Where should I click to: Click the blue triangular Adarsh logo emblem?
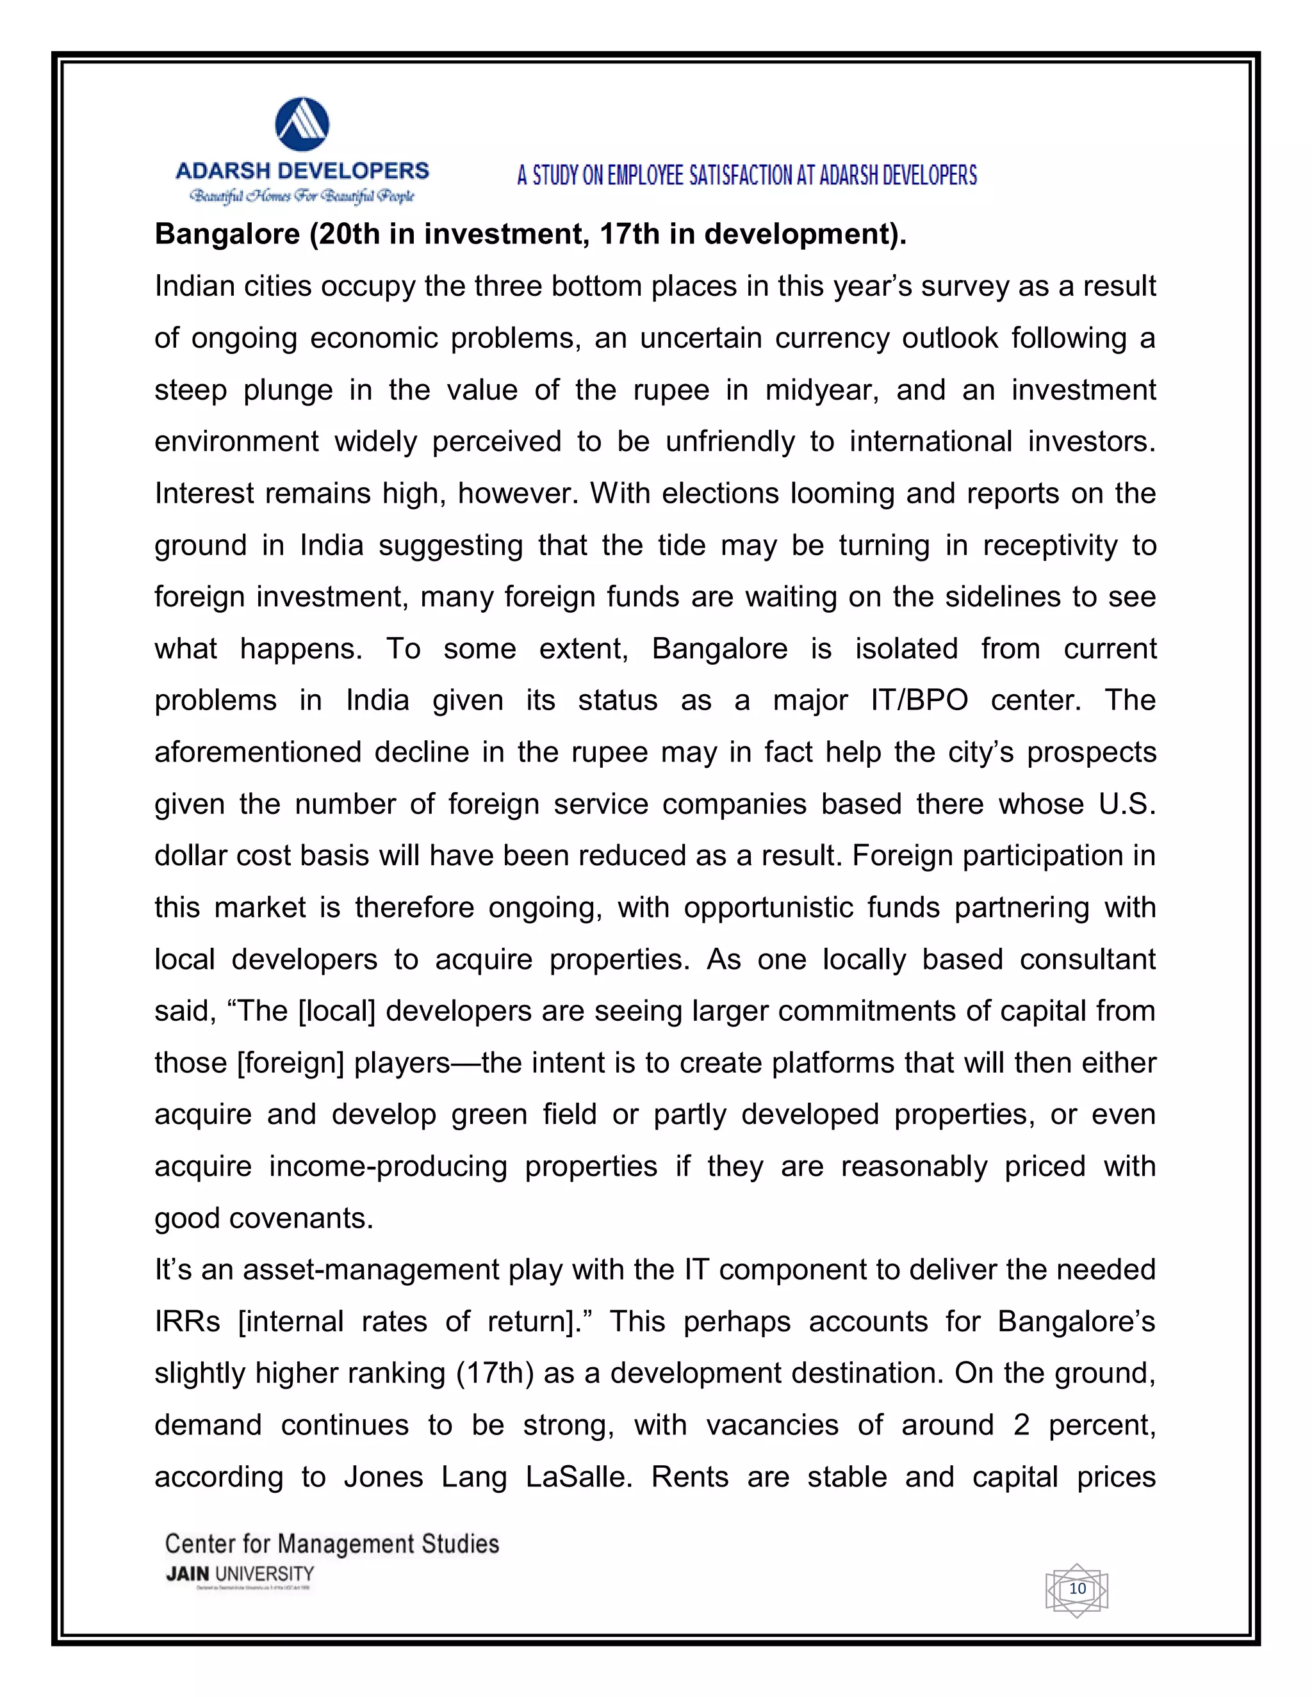tap(302, 124)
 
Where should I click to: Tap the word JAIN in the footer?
tap(187, 1573)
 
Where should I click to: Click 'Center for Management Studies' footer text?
tap(332, 1543)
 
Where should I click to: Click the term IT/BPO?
tap(919, 701)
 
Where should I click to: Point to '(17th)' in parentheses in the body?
tap(495, 1374)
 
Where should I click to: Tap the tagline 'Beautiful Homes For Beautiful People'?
tap(302, 196)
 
